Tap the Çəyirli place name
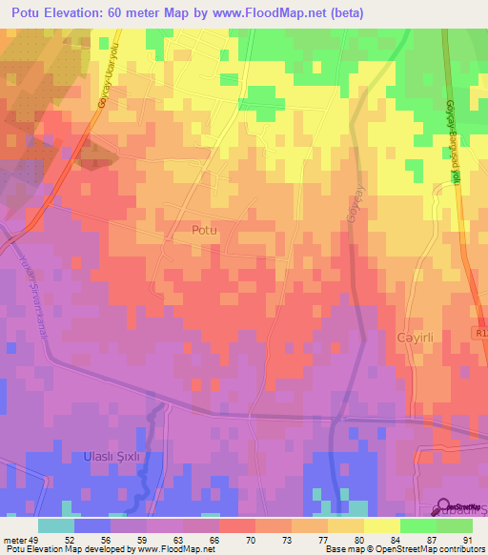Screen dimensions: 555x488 click(x=416, y=339)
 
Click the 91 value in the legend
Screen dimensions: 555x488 click(x=467, y=539)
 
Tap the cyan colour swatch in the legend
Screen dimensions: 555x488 click(x=56, y=525)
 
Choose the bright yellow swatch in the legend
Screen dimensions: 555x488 click(x=381, y=525)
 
